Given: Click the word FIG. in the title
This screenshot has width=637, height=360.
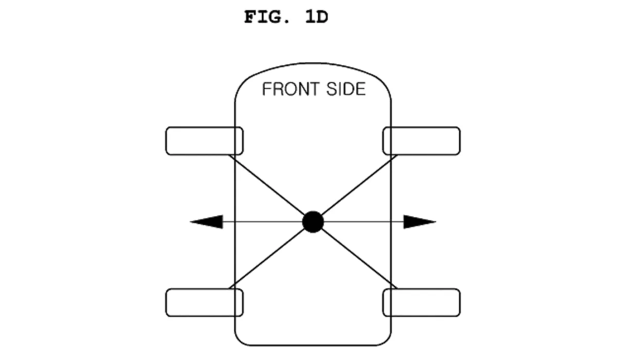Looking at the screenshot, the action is tap(267, 17).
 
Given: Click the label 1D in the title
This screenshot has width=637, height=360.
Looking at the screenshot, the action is tap(317, 17).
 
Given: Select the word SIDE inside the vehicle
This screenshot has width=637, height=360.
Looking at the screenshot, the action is tap(346, 89).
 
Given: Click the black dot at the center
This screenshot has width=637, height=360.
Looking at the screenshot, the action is tap(313, 222).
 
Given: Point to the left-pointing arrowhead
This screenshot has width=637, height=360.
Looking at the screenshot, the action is tap(207, 222).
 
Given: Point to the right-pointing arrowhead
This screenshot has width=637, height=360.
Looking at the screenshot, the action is tap(420, 222).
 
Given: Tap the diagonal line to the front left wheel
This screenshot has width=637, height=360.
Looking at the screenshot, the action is tap(267, 185).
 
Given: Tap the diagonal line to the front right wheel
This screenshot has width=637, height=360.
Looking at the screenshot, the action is tap(359, 185).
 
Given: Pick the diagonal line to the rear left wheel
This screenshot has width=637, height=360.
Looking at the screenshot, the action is tap(267, 259).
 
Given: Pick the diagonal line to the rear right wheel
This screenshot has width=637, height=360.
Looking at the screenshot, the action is tap(359, 259).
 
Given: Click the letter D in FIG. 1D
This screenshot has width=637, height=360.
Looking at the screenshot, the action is tap(322, 17).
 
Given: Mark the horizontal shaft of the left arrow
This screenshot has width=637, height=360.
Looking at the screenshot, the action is tap(263, 222).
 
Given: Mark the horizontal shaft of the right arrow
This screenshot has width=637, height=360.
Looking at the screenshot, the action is tap(363, 222).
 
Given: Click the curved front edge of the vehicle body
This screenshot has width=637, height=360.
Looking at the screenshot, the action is tap(313, 63).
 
